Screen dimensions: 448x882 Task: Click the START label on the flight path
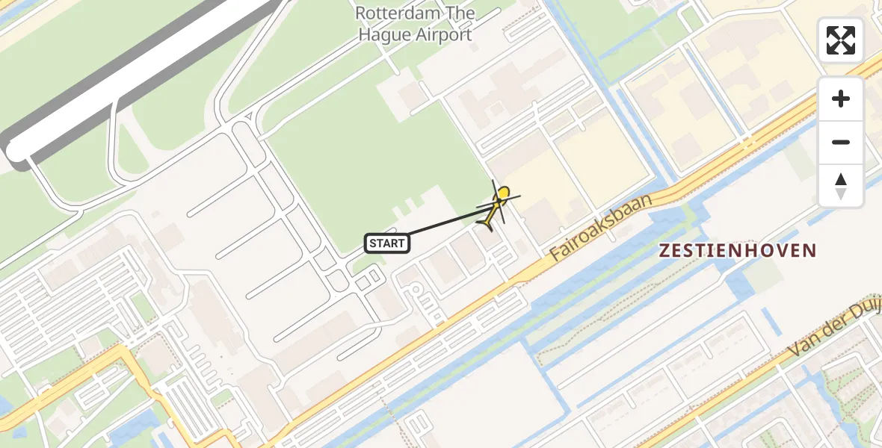point(387,243)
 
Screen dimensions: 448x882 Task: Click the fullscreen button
point(841,40)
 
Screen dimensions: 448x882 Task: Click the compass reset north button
point(841,186)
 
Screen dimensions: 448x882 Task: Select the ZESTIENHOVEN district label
point(737,251)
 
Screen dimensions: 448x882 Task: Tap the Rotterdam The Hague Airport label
point(415,24)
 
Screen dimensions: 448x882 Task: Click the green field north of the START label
point(374,164)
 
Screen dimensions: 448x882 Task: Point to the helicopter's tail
point(487,225)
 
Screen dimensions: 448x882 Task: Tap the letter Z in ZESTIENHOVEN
point(664,251)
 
